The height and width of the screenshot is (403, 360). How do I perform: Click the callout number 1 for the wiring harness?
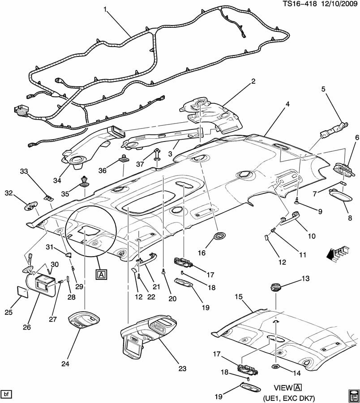click(x=105, y=9)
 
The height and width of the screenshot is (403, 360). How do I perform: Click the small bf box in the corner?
click(x=7, y=394)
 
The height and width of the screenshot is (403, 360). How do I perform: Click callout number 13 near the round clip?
click(x=305, y=279)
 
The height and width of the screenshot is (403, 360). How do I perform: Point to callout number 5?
click(x=323, y=89)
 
